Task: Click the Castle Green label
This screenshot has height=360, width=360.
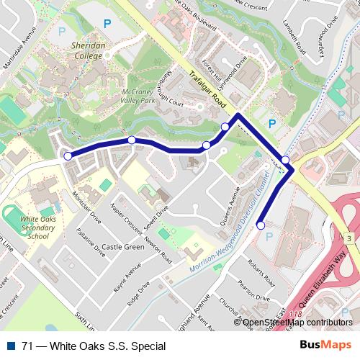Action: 123,247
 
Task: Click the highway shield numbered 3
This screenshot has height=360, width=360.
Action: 348,238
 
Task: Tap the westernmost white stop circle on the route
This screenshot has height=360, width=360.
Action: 68,156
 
